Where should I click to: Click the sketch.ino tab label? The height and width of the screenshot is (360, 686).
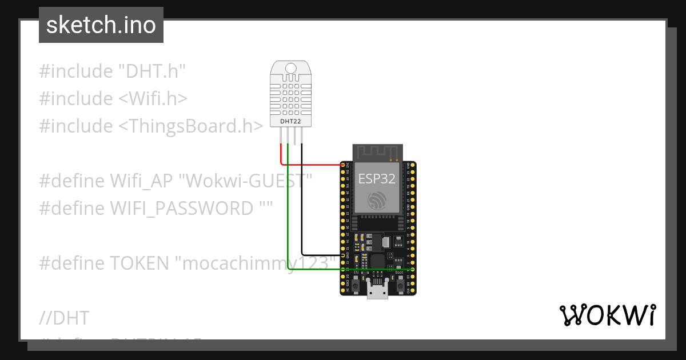click(101, 25)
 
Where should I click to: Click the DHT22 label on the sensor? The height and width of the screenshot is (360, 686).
click(291, 121)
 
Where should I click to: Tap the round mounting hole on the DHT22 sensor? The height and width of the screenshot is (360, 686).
click(291, 69)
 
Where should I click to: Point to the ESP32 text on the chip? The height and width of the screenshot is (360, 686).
click(377, 178)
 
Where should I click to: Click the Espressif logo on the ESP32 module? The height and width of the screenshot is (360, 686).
click(377, 201)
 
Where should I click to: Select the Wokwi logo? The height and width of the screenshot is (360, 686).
click(607, 315)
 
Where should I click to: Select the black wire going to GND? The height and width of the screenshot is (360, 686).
click(302, 206)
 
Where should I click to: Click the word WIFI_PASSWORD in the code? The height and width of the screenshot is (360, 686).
click(181, 208)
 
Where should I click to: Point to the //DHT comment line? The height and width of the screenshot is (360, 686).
click(64, 318)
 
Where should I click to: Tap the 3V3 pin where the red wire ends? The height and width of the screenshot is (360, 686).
click(344, 165)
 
